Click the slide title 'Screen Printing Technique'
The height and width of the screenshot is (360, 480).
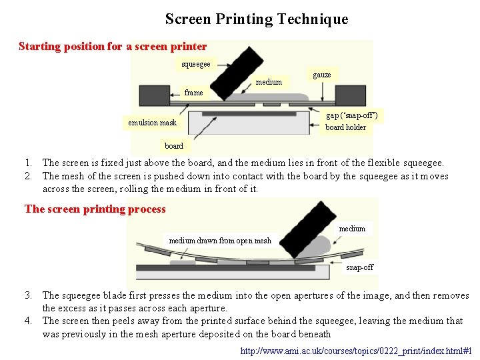(x=257, y=19)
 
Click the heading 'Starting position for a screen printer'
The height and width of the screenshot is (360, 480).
(x=113, y=47)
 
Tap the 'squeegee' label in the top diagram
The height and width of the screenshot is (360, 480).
(x=196, y=64)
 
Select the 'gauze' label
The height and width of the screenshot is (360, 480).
(x=322, y=75)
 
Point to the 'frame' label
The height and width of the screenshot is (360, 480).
(x=194, y=93)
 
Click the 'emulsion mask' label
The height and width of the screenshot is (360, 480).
(x=153, y=123)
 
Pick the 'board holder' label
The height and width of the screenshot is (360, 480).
(x=345, y=127)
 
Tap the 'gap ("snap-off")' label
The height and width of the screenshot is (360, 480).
(x=352, y=115)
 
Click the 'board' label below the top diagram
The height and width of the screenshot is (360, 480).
(x=174, y=146)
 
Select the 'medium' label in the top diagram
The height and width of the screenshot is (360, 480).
(x=269, y=83)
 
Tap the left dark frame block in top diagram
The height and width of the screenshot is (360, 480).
(x=153, y=95)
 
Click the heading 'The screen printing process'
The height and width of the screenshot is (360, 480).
(x=95, y=209)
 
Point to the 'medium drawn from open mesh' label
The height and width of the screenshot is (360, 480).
(x=220, y=241)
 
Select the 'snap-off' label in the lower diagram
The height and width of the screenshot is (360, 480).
(x=360, y=267)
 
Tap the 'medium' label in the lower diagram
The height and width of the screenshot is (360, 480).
(x=352, y=229)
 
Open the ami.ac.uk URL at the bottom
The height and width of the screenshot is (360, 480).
(x=356, y=351)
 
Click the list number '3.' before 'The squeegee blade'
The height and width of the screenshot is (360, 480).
(x=29, y=295)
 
